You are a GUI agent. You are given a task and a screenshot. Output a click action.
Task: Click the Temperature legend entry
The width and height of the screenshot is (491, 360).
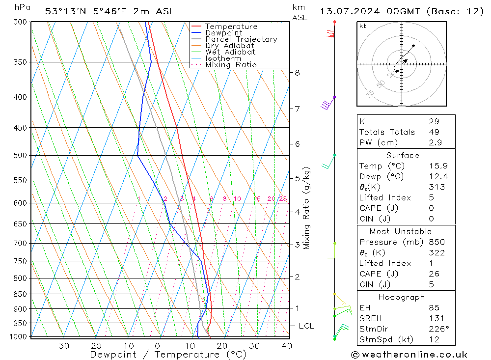[x=231, y=27]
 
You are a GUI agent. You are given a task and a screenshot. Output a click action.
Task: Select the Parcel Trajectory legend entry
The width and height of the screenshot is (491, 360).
[x=241, y=39]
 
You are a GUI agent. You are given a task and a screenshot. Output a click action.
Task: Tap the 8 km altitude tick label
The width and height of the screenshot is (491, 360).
[x=297, y=73]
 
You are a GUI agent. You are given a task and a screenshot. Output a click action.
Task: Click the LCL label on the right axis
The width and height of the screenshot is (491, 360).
[x=306, y=326]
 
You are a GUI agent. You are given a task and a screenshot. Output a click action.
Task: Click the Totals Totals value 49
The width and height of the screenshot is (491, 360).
[x=434, y=132]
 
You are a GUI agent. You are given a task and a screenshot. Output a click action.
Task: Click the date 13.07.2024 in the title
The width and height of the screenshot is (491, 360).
[x=349, y=11]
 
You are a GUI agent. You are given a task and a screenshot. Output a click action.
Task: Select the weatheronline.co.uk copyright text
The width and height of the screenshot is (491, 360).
[x=409, y=355]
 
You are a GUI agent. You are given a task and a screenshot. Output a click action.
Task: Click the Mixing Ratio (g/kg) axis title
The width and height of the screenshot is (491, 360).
[x=307, y=208]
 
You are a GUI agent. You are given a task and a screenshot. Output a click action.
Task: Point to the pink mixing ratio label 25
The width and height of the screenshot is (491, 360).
[x=283, y=199]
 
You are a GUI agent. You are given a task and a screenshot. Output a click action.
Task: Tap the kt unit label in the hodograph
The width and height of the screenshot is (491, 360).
[x=363, y=26]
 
